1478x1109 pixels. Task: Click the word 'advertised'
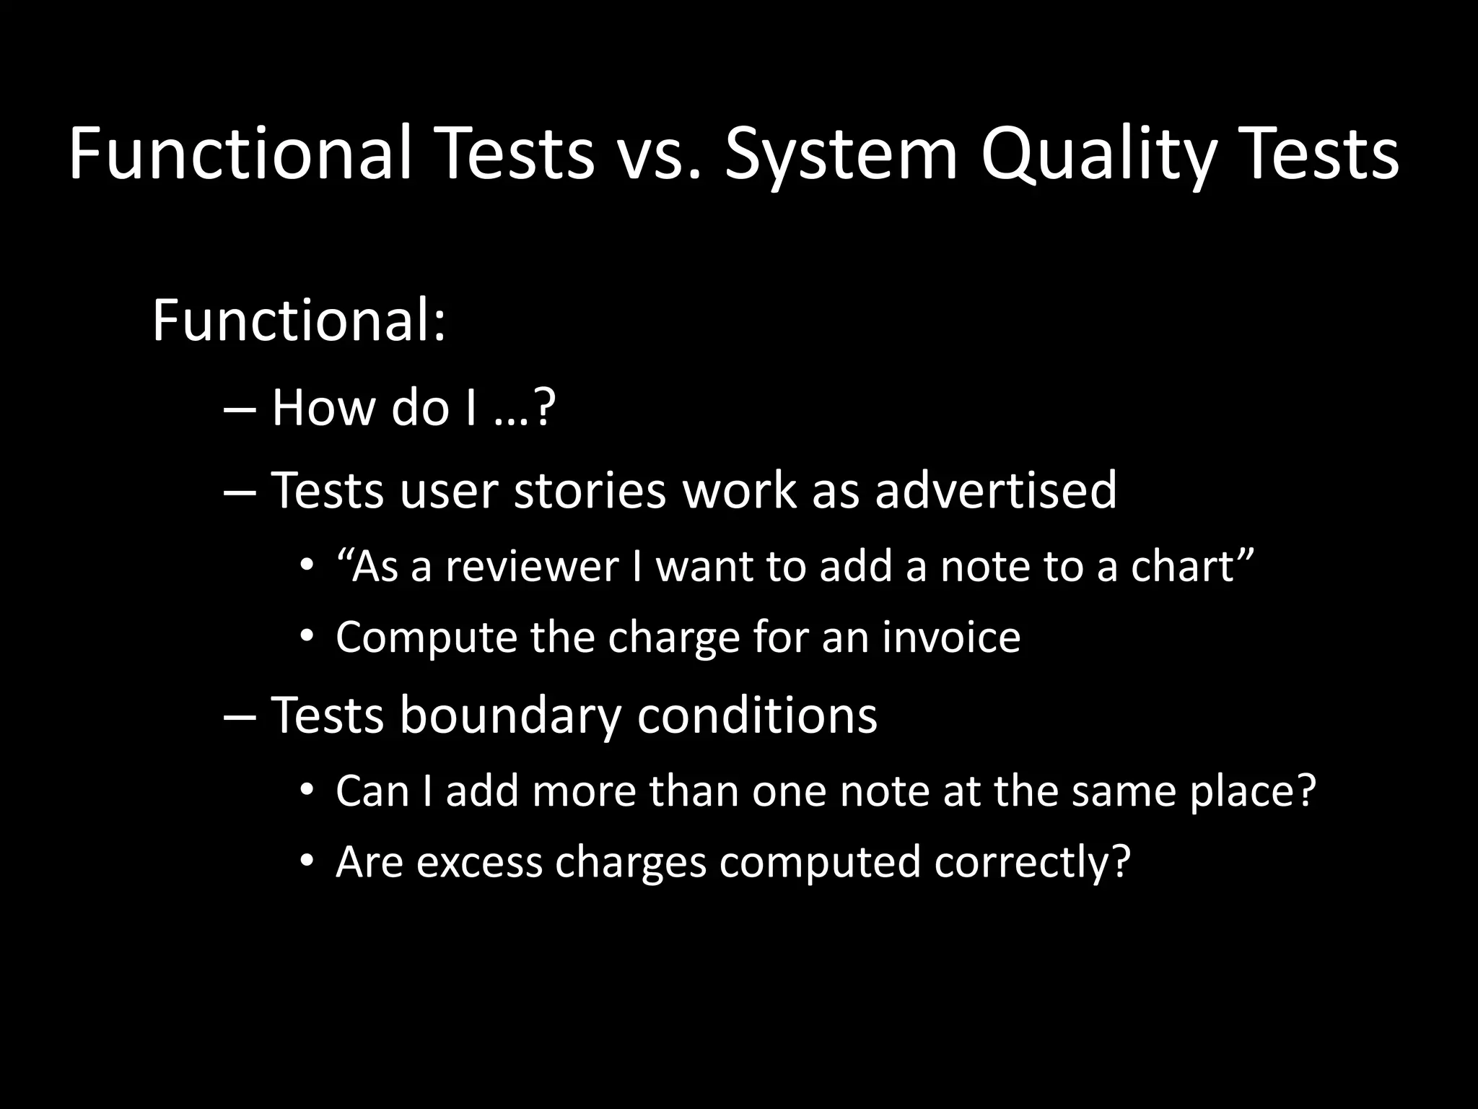click(x=995, y=490)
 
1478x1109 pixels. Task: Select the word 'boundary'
click(x=510, y=715)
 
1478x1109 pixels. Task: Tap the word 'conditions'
click(x=757, y=715)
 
